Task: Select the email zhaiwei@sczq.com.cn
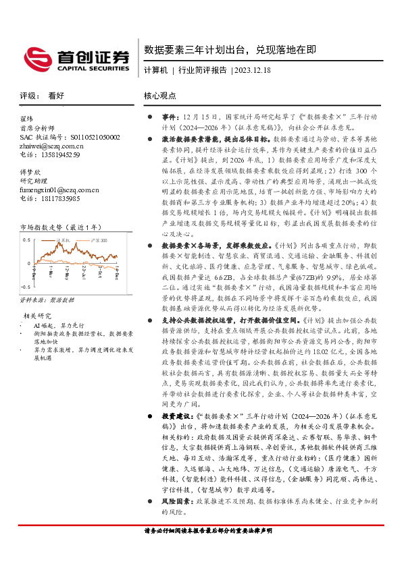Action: point(50,146)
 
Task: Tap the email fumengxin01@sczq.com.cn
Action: point(59,190)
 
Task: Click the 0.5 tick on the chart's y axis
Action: point(26,239)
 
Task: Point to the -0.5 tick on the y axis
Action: point(25,286)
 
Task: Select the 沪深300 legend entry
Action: point(99,239)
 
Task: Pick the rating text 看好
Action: point(57,96)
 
